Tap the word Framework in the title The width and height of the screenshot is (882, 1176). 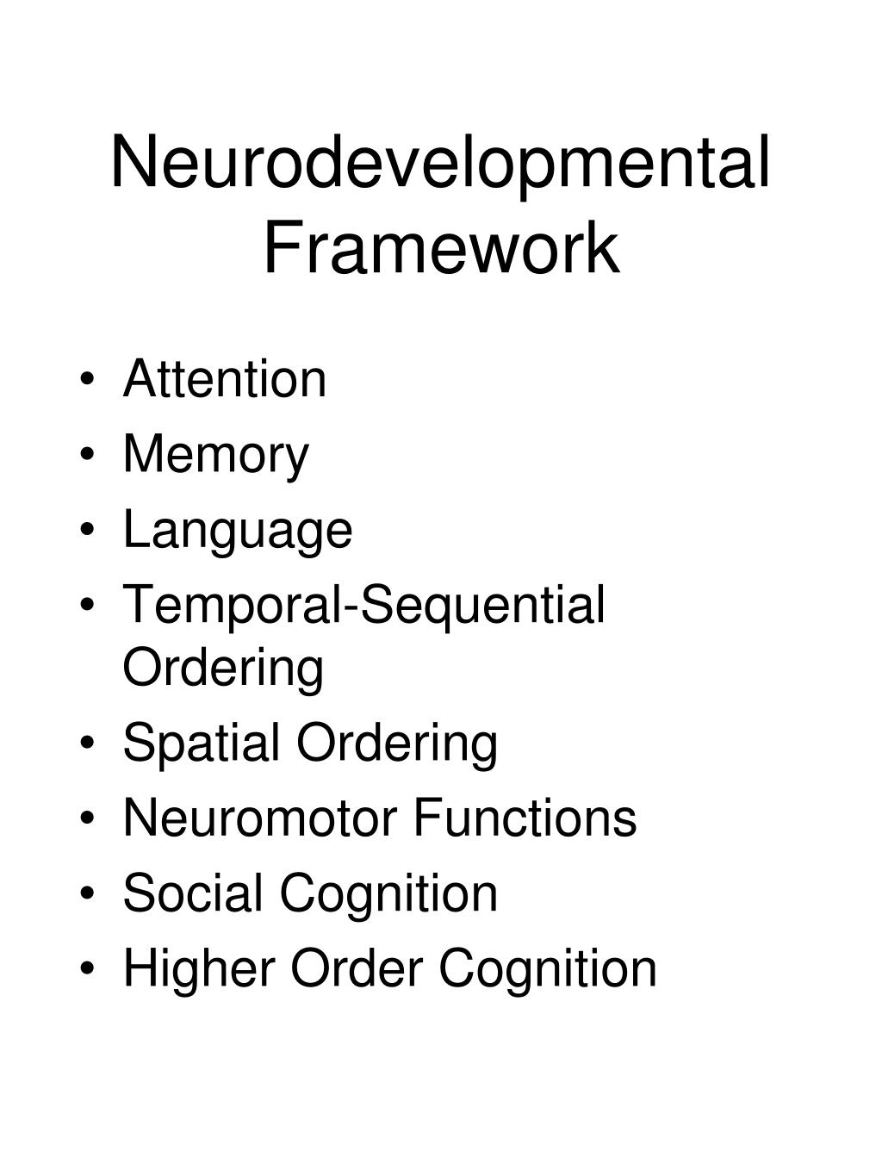pyautogui.click(x=440, y=249)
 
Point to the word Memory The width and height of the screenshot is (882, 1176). pyautogui.click(x=215, y=455)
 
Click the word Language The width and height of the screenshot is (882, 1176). pyautogui.click(x=238, y=531)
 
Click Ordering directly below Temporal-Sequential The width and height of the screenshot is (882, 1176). pyautogui.click(x=223, y=668)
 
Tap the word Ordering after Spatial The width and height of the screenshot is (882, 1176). pyautogui.click(x=398, y=744)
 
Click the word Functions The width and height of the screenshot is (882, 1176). pyautogui.click(x=525, y=818)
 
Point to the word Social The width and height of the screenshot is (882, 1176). pyautogui.click(x=193, y=893)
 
